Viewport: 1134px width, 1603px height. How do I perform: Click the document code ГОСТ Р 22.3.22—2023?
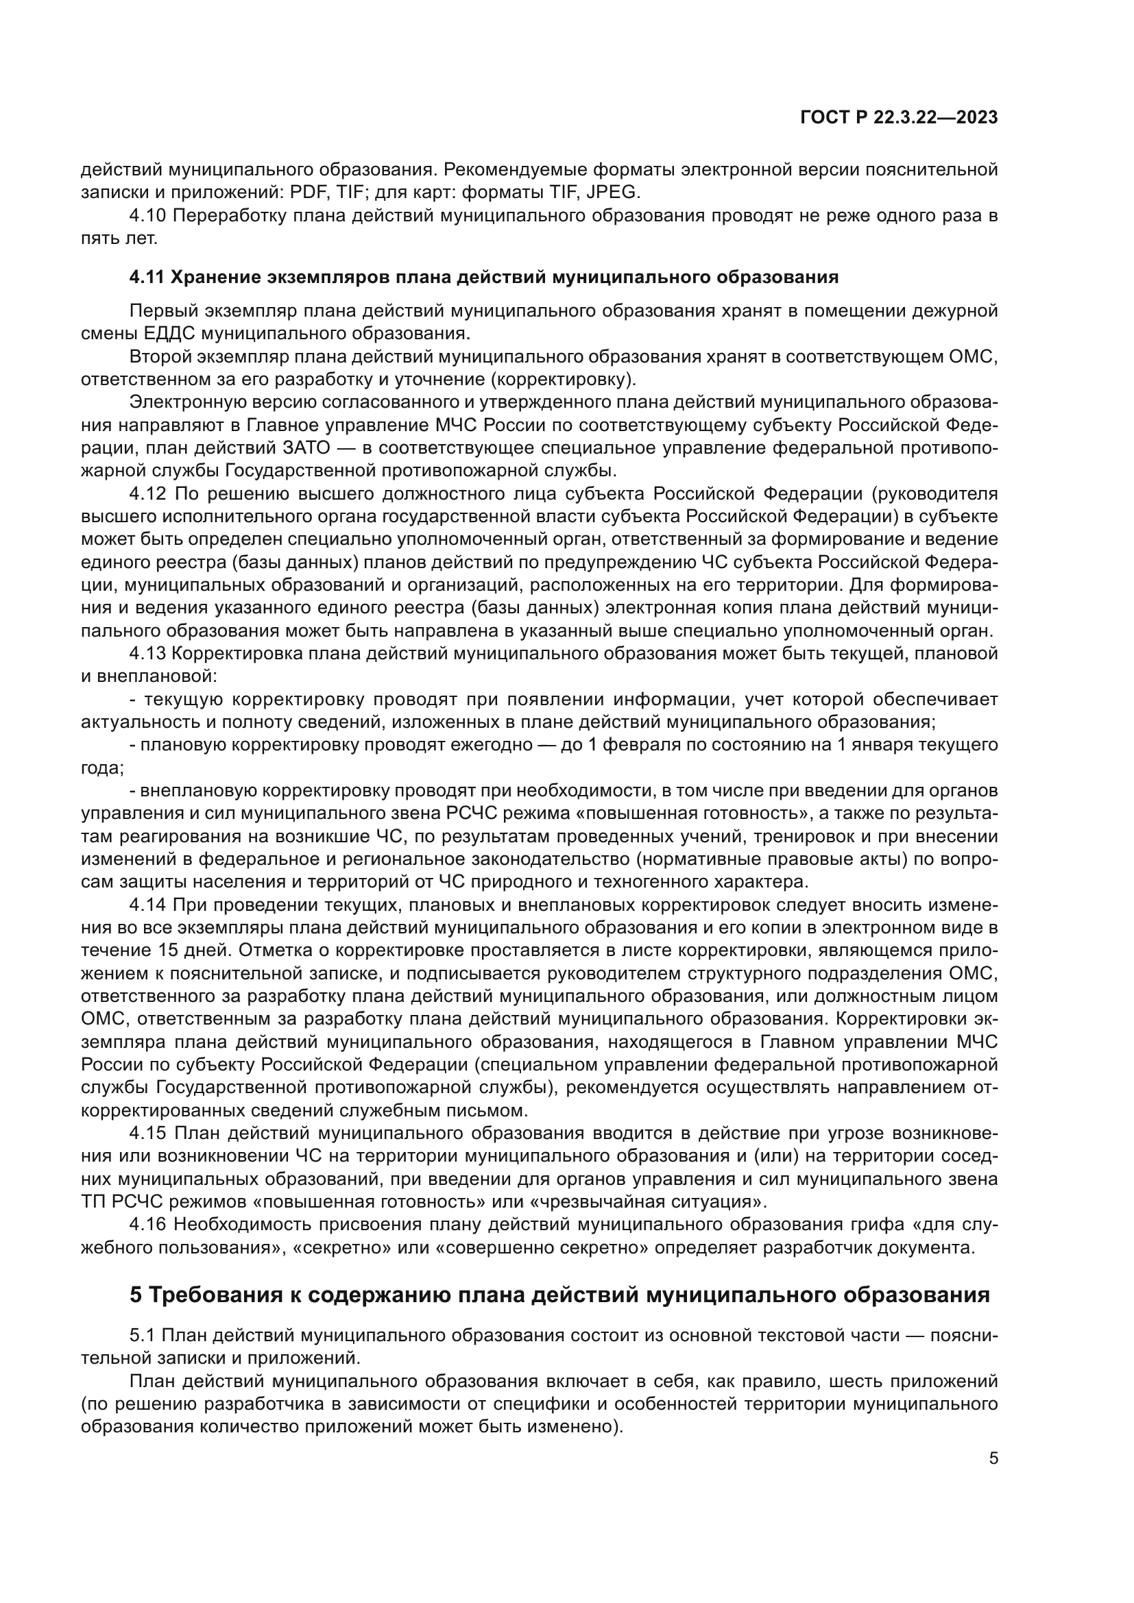point(899,118)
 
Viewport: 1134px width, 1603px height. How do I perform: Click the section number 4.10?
point(147,216)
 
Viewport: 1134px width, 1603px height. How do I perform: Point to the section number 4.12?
point(147,494)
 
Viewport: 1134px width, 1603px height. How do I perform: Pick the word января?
point(884,745)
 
